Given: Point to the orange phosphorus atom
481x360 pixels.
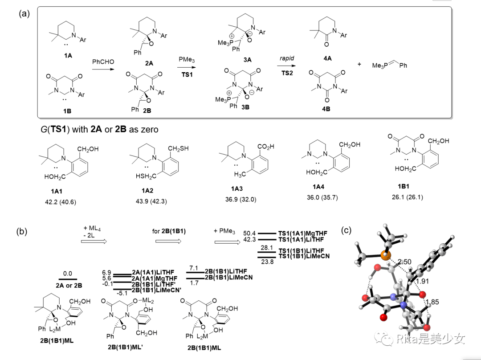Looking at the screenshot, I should [x=385, y=256].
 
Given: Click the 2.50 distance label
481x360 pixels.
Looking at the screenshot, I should [x=404, y=261].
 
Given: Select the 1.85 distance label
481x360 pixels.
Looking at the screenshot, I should [x=433, y=303].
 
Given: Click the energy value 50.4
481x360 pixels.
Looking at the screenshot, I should [x=249, y=233].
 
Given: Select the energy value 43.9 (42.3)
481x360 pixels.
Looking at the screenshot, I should [x=150, y=201].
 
